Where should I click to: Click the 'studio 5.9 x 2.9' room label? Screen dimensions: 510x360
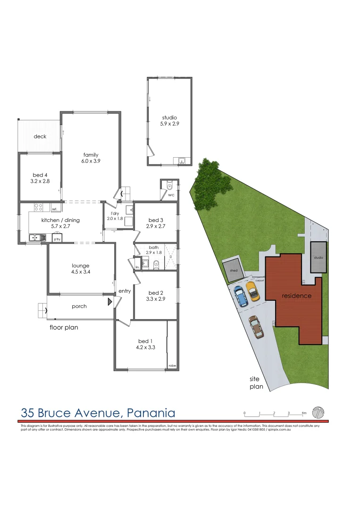169,120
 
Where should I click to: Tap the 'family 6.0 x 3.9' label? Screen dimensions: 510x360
91,158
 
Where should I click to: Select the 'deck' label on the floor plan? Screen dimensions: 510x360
40,136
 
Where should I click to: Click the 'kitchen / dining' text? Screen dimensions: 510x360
60,220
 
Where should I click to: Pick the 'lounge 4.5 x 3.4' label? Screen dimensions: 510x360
81,269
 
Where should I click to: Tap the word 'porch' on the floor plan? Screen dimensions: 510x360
79,306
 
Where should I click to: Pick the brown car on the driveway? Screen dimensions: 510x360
256,327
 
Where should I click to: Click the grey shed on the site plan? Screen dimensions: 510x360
233,271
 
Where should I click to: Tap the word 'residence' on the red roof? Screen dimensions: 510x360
297,296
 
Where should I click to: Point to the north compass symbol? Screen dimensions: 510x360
318,412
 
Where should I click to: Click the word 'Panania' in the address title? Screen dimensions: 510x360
151,413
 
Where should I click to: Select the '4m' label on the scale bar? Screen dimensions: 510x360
303,413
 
